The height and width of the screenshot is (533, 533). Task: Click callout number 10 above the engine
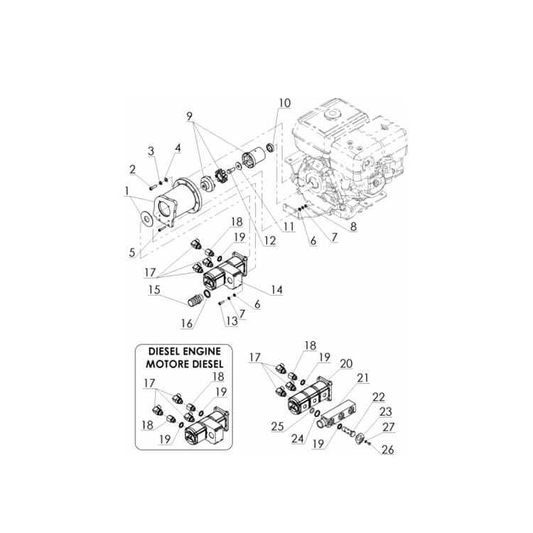click(x=284, y=103)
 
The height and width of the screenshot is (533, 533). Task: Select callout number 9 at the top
click(x=190, y=115)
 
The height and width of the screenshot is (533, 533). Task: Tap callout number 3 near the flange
click(x=151, y=151)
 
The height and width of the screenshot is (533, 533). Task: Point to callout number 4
click(x=178, y=148)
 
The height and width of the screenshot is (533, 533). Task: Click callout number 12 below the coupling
click(x=270, y=241)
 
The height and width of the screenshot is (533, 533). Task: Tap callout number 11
click(x=288, y=227)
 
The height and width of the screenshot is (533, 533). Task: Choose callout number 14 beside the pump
click(x=276, y=290)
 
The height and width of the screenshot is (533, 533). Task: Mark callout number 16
click(x=187, y=323)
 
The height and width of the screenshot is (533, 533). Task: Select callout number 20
click(x=346, y=363)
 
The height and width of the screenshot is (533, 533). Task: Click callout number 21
click(x=362, y=377)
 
